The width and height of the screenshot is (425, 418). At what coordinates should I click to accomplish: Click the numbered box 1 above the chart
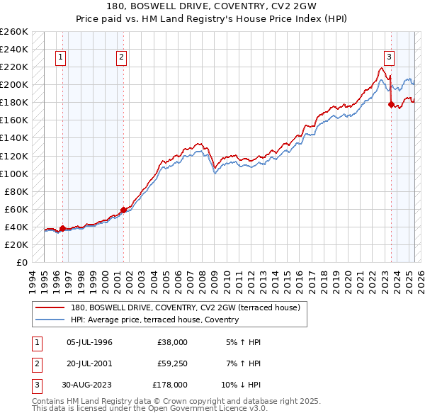coord(61,58)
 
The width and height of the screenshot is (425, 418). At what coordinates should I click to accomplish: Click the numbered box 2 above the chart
coord(122,58)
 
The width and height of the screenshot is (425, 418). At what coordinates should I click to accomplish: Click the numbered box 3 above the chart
coord(389,58)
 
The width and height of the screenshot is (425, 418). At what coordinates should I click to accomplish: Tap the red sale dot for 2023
coord(390,104)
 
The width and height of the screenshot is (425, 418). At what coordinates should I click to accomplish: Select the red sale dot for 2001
coord(123,210)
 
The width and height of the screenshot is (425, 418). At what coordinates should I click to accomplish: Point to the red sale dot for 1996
coord(62,228)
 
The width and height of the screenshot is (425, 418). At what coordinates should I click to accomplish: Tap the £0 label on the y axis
coord(21,262)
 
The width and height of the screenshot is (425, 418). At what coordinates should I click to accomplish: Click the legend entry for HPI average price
coord(154,320)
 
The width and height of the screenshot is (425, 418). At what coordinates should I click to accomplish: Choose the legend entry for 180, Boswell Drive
coord(186,307)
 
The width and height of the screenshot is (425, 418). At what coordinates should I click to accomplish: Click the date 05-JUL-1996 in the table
coord(89,342)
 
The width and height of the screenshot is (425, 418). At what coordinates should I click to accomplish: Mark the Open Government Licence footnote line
coord(149,408)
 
